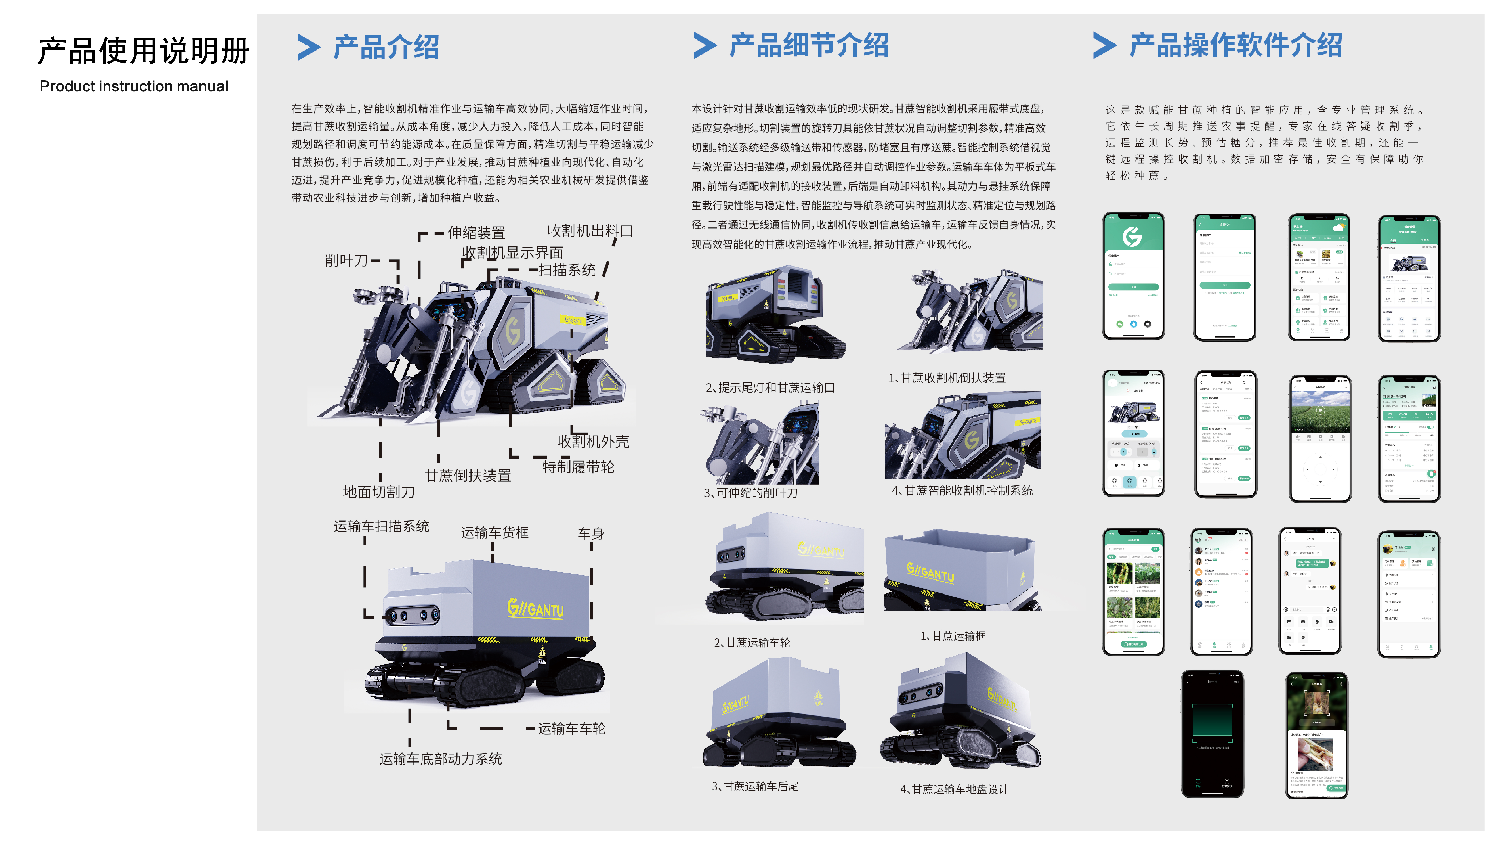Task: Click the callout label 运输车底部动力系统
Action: pos(441,759)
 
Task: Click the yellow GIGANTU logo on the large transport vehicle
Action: pos(535,609)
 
